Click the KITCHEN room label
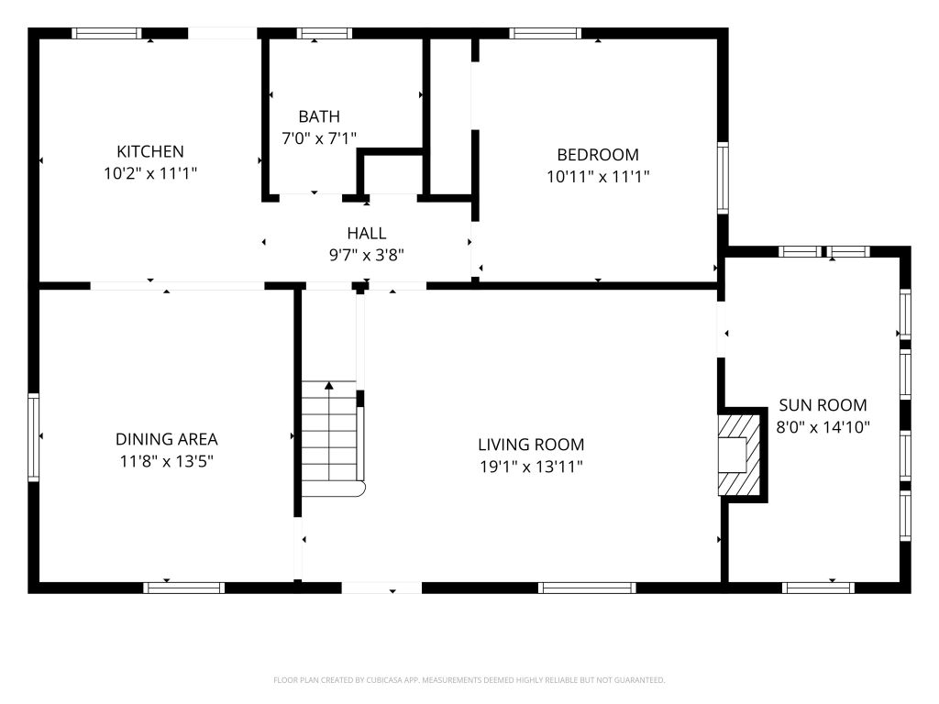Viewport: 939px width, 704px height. [x=149, y=151]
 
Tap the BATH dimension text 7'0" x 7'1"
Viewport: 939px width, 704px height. [x=319, y=138]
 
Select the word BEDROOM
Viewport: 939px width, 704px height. [x=598, y=154]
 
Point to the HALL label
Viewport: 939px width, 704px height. [x=367, y=233]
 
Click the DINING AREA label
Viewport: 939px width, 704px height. [x=167, y=439]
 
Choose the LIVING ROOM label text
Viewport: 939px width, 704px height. [x=531, y=445]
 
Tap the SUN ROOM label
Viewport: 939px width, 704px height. [x=823, y=405]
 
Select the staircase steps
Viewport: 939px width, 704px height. [x=329, y=439]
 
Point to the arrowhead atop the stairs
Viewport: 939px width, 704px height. [x=329, y=385]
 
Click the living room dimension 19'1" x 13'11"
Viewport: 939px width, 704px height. [x=531, y=467]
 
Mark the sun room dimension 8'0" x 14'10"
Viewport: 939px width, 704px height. [x=823, y=427]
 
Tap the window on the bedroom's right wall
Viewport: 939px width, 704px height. [x=723, y=178]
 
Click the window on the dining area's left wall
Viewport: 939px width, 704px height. [x=34, y=437]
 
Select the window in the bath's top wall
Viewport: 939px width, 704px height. [x=324, y=34]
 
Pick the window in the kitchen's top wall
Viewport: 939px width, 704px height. [x=106, y=34]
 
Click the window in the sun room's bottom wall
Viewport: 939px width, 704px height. [x=819, y=588]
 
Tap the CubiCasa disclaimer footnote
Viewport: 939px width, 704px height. [x=469, y=680]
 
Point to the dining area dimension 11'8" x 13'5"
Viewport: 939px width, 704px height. [x=167, y=462]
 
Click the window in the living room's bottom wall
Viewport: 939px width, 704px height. [x=587, y=588]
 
